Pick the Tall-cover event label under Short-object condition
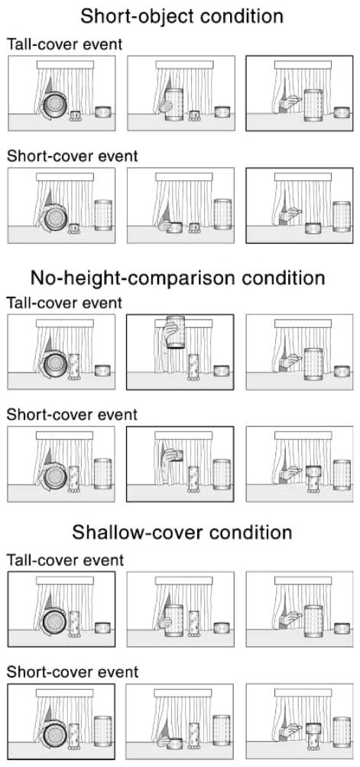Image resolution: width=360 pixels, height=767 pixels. (x=64, y=44)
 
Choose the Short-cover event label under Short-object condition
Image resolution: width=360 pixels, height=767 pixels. (x=73, y=156)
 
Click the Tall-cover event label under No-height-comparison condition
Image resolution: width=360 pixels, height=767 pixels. (x=64, y=303)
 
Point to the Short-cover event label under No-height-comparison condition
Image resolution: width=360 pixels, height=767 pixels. (x=73, y=414)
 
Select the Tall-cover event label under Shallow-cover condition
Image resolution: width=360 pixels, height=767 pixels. (x=64, y=560)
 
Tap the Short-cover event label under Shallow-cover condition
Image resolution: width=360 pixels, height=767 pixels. (x=73, y=671)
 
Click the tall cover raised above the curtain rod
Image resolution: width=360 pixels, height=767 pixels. (x=175, y=332)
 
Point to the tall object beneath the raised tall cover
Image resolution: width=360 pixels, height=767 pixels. (x=193, y=367)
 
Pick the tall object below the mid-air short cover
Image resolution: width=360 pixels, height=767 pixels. (x=193, y=479)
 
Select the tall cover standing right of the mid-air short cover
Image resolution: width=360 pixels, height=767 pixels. (x=222, y=474)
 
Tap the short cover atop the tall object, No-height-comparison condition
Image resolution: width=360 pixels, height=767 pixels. (x=313, y=472)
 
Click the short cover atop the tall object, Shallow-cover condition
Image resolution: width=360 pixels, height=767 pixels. (x=313, y=729)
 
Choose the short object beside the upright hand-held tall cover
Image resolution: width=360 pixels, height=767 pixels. (x=194, y=116)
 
